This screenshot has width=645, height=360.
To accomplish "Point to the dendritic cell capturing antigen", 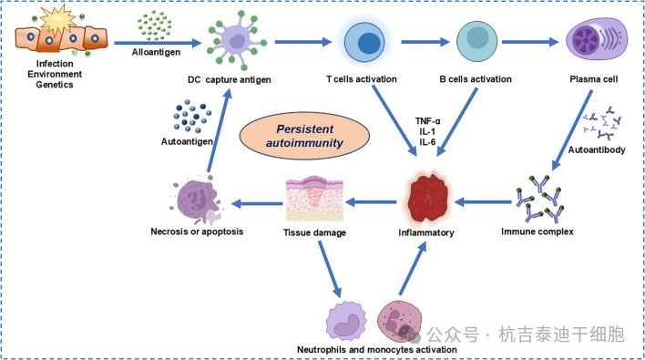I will click(228, 44).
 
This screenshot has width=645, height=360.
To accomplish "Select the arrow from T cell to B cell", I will click(419, 43).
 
